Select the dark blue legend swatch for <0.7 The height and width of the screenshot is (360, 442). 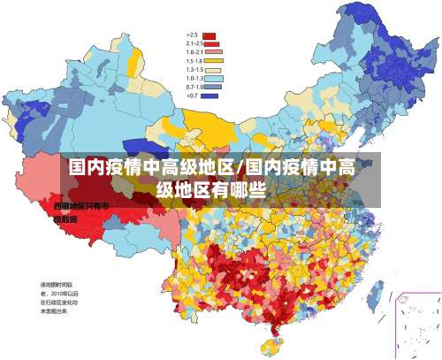pos(210,96)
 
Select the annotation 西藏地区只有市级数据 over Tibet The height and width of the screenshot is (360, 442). pos(81,211)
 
